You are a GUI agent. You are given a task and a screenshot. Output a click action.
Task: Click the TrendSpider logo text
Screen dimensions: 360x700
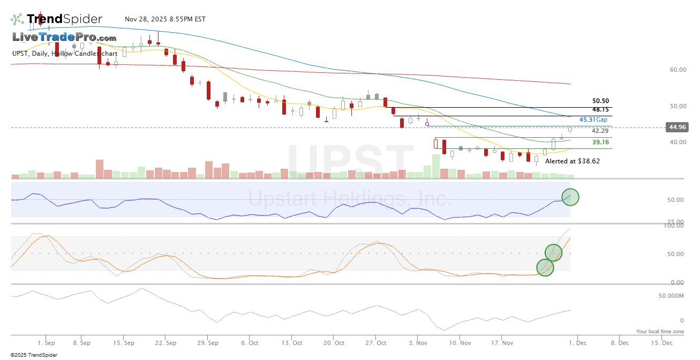(64, 19)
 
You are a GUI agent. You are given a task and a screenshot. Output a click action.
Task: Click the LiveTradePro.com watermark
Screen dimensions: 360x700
(64, 37)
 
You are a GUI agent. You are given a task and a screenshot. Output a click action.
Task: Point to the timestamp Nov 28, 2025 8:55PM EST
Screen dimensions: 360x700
(165, 19)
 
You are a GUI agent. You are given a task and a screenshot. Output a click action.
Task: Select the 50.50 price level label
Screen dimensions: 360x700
(600, 101)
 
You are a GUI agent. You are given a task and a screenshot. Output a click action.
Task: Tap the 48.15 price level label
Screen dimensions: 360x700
(600, 109)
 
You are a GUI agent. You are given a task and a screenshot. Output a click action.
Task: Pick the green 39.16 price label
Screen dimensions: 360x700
(600, 142)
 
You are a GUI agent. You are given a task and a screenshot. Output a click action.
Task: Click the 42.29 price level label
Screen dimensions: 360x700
(600, 131)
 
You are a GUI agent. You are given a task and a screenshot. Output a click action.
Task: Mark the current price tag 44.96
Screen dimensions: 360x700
(676, 127)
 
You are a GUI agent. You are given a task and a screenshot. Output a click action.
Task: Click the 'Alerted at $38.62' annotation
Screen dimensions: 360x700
(573, 161)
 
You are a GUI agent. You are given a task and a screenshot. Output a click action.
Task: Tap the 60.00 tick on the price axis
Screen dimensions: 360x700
(678, 70)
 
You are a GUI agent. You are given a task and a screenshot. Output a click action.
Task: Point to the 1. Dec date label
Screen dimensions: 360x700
(577, 342)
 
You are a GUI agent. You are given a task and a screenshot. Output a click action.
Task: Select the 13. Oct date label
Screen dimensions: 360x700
(292, 342)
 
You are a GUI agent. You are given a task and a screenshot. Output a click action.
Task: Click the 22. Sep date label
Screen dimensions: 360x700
(167, 342)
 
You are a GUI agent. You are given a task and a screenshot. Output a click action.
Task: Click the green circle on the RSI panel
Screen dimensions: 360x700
(570, 197)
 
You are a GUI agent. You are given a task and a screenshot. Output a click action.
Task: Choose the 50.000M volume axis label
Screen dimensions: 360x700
(671, 296)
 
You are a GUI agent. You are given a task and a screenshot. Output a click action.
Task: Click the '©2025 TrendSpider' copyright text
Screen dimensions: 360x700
(30, 355)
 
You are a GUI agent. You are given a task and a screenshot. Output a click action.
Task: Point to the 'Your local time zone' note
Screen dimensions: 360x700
(660, 332)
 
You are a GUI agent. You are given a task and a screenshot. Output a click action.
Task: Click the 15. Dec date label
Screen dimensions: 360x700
(662, 342)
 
